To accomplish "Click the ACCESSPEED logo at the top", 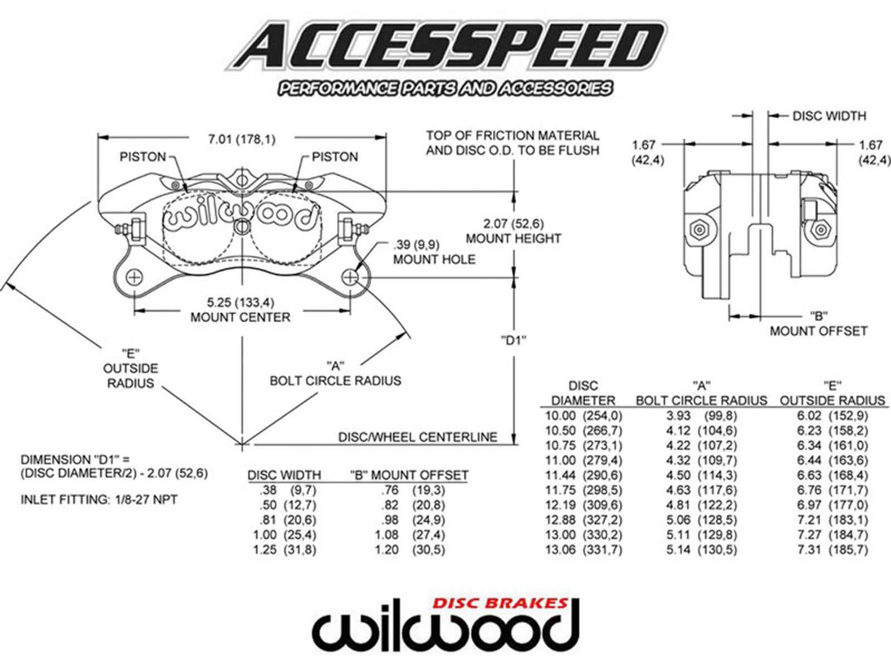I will (x=445, y=47).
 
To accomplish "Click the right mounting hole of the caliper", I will (x=350, y=277).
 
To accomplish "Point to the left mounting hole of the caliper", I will (x=135, y=277).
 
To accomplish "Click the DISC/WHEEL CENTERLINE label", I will (x=417, y=438).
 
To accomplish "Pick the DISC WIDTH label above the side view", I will (x=829, y=116).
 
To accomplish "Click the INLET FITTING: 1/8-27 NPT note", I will (x=99, y=500).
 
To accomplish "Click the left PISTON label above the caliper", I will (x=143, y=157).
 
